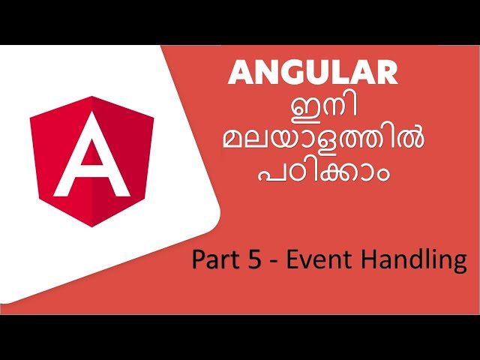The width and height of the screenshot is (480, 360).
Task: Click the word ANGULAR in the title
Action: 313,73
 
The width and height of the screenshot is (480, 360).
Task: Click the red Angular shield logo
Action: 92,160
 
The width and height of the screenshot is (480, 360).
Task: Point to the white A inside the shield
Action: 92,155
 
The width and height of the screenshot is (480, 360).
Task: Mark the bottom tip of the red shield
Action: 92,226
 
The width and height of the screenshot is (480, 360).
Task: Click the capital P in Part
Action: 198,259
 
